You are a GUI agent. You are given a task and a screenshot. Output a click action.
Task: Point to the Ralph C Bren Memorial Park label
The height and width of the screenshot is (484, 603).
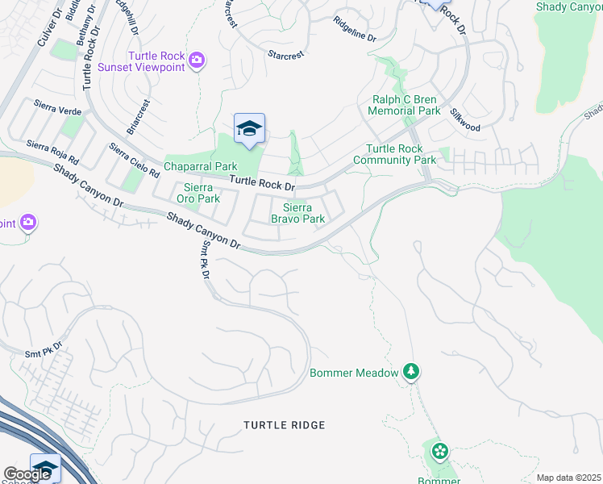(x=405, y=105)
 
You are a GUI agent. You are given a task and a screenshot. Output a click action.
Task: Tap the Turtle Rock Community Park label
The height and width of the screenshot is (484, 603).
(x=401, y=155)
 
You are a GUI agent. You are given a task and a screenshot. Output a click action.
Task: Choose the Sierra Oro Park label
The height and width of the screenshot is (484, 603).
(x=198, y=193)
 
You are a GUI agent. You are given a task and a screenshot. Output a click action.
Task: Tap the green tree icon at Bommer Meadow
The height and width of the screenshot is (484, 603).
(x=412, y=371)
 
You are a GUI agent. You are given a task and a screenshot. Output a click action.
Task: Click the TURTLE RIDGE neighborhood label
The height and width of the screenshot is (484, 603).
(x=285, y=424)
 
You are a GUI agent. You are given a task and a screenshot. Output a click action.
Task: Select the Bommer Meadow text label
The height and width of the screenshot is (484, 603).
(x=354, y=373)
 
